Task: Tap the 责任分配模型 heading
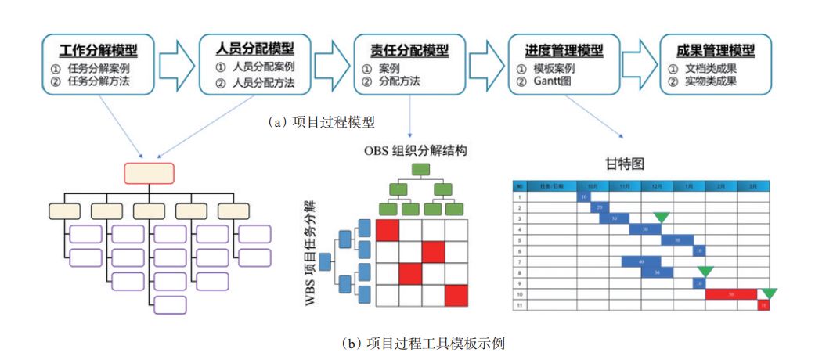409,51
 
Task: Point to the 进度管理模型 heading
564,51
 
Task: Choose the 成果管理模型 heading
716,51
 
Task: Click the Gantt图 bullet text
557,81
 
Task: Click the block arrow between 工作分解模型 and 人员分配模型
176,64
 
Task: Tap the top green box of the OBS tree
420,169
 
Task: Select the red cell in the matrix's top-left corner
388,231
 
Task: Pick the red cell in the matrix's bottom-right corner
456,296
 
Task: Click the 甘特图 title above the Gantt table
640,164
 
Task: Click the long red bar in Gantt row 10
731,294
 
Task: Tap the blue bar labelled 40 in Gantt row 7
641,261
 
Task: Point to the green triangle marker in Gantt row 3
662,216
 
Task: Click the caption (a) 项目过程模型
322,121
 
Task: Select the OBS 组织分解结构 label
415,149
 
